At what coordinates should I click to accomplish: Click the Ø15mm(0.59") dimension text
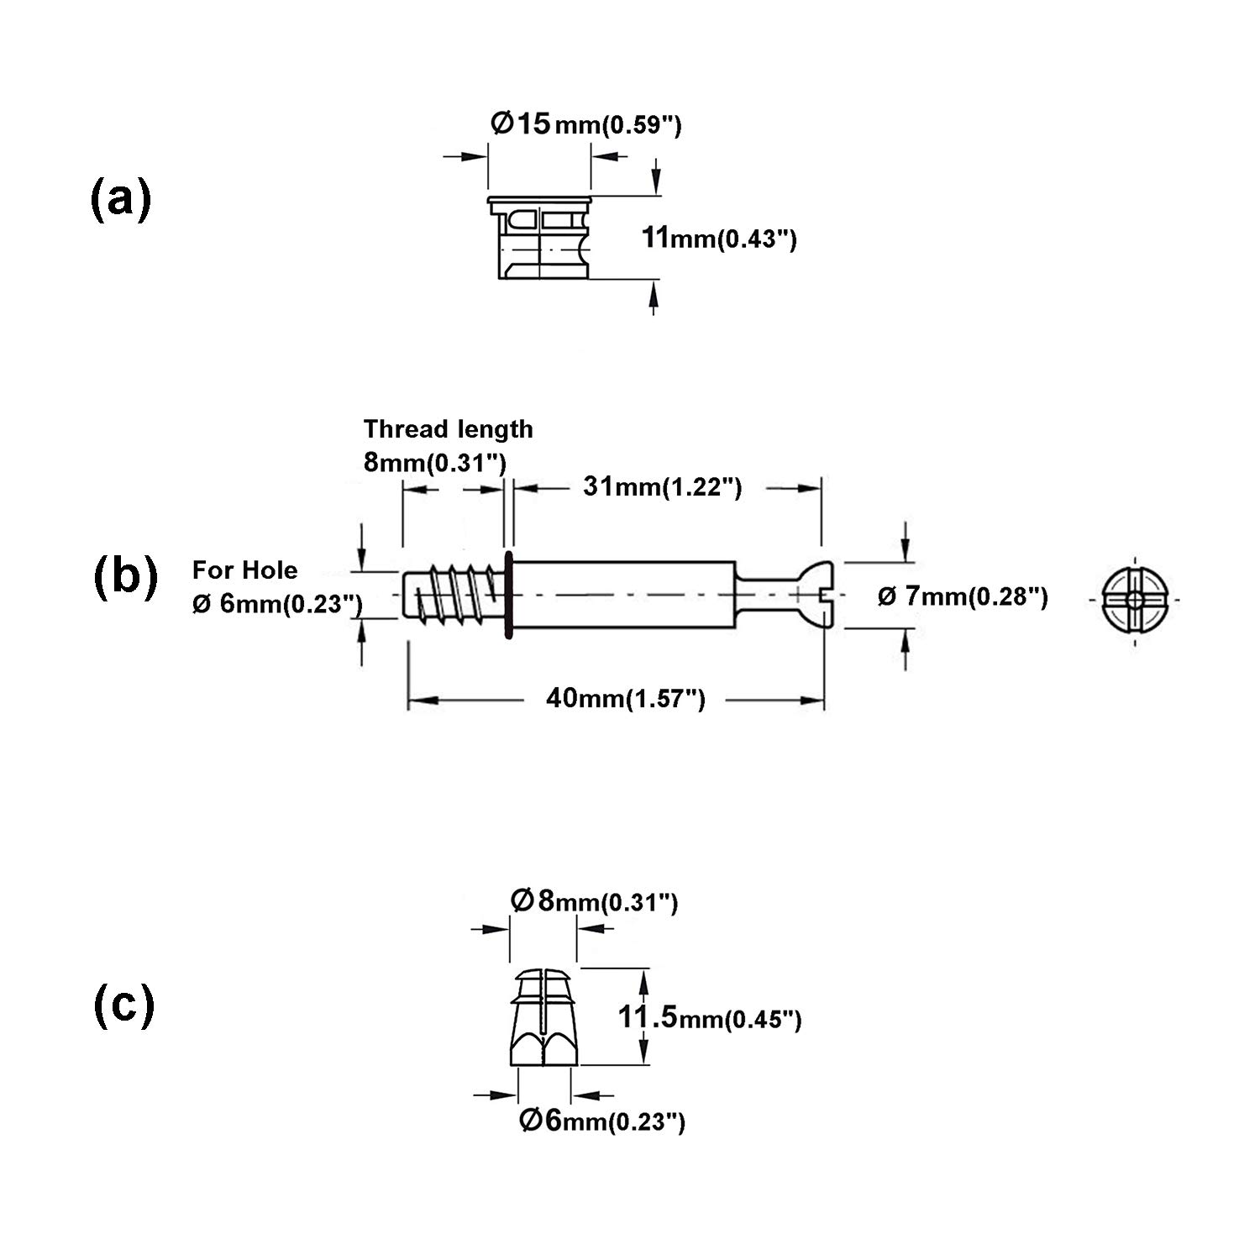point(585,125)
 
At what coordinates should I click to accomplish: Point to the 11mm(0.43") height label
point(719,239)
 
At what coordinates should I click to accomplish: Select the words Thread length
point(448,429)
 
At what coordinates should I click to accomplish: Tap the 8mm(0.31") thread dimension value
point(434,462)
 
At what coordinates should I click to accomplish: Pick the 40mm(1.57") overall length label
point(626,698)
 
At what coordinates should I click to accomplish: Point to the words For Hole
point(244,570)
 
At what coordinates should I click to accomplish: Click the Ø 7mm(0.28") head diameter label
point(963,596)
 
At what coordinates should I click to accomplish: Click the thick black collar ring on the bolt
point(508,596)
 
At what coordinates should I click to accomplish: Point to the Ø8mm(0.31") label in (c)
point(594,902)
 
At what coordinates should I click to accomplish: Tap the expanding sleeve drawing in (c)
point(544,1017)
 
